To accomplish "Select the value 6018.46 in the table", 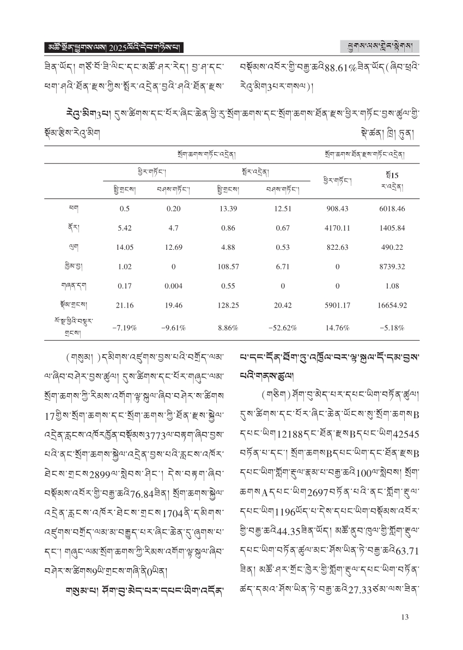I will point(392,208).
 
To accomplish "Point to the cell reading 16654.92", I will point(392,305).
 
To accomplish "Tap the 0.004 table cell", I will point(173,286).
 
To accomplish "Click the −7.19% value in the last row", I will point(125,328).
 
